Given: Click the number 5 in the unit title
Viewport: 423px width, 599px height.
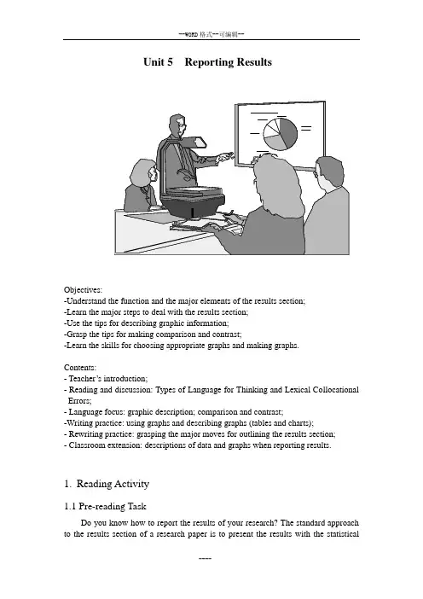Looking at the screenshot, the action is (170, 62).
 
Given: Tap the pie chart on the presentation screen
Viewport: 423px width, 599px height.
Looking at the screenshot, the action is (280, 134).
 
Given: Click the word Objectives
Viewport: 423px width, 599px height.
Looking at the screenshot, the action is (83, 290).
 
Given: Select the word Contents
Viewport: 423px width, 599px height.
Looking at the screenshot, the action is (80, 368).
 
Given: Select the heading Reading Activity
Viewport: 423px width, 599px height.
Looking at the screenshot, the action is (113, 484).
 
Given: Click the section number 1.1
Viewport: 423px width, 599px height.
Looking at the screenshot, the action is (70, 507).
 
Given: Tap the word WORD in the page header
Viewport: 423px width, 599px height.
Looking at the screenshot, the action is (191, 35).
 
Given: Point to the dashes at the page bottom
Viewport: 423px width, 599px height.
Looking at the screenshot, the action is (205, 559).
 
